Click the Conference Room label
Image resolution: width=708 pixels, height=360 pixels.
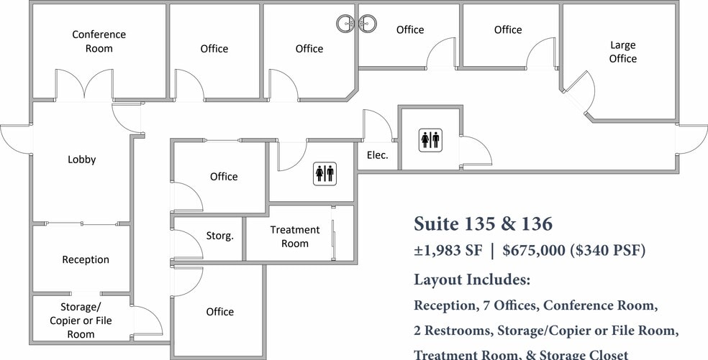(99, 42)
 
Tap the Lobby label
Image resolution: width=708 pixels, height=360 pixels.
(81, 160)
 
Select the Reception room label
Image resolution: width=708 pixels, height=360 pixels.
(86, 259)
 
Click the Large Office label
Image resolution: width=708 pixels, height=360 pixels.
(622, 52)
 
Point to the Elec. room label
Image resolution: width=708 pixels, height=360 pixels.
(377, 154)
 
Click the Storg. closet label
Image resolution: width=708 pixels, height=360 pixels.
(219, 236)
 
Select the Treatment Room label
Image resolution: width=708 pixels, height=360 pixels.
(294, 236)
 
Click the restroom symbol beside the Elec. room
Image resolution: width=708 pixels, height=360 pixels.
(430, 139)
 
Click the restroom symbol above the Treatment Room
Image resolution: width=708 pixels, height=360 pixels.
(324, 172)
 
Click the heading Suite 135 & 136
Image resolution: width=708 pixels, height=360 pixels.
(483, 224)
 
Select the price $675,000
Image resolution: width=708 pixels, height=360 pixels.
(534, 251)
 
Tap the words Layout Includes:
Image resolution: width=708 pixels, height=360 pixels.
(472, 279)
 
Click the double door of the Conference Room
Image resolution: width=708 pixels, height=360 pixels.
(85, 85)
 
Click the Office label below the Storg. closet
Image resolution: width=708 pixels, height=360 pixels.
(219, 311)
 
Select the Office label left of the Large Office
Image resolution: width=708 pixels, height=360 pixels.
(507, 29)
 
